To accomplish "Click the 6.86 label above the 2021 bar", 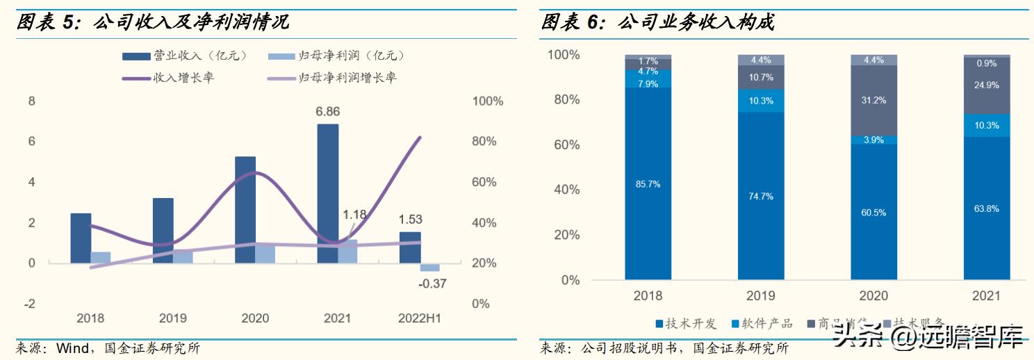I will [x=327, y=111].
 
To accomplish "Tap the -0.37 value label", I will [x=432, y=283].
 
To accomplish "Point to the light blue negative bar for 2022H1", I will [x=430, y=268].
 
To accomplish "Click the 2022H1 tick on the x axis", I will [x=420, y=318].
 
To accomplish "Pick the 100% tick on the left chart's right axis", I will [x=487, y=101].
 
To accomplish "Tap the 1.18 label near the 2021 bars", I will [x=354, y=215].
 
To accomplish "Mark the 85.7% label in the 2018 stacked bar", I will [x=648, y=184].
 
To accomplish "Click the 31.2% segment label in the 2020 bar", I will [x=873, y=100].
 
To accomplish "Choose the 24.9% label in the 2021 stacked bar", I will [x=986, y=85].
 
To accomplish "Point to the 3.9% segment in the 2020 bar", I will [x=873, y=140].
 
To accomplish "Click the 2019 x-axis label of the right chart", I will [x=761, y=296].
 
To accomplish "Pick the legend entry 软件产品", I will [x=762, y=323].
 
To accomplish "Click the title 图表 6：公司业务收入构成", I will [x=657, y=22].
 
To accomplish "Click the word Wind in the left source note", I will [x=71, y=348].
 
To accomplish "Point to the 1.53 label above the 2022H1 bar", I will [x=410, y=220].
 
